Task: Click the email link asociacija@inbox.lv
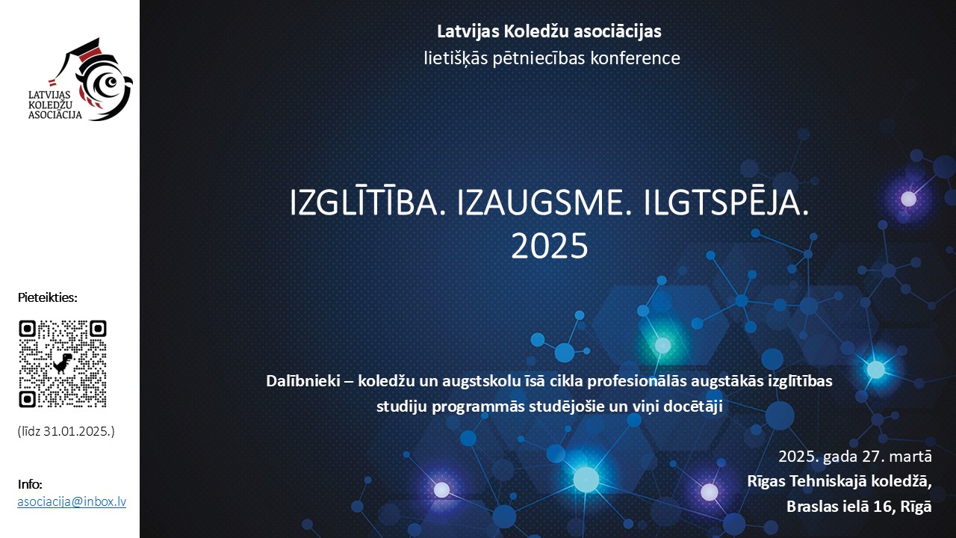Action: click(72, 501)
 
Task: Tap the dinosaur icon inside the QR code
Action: click(62, 363)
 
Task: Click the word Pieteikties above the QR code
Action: click(47, 297)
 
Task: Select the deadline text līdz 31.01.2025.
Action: click(66, 431)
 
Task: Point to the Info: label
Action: click(30, 484)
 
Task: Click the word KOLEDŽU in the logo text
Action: click(50, 105)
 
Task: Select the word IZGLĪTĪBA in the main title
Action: click(364, 202)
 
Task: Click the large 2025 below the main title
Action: click(549, 247)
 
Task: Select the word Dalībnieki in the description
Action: click(303, 381)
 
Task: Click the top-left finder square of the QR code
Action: click(28, 330)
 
